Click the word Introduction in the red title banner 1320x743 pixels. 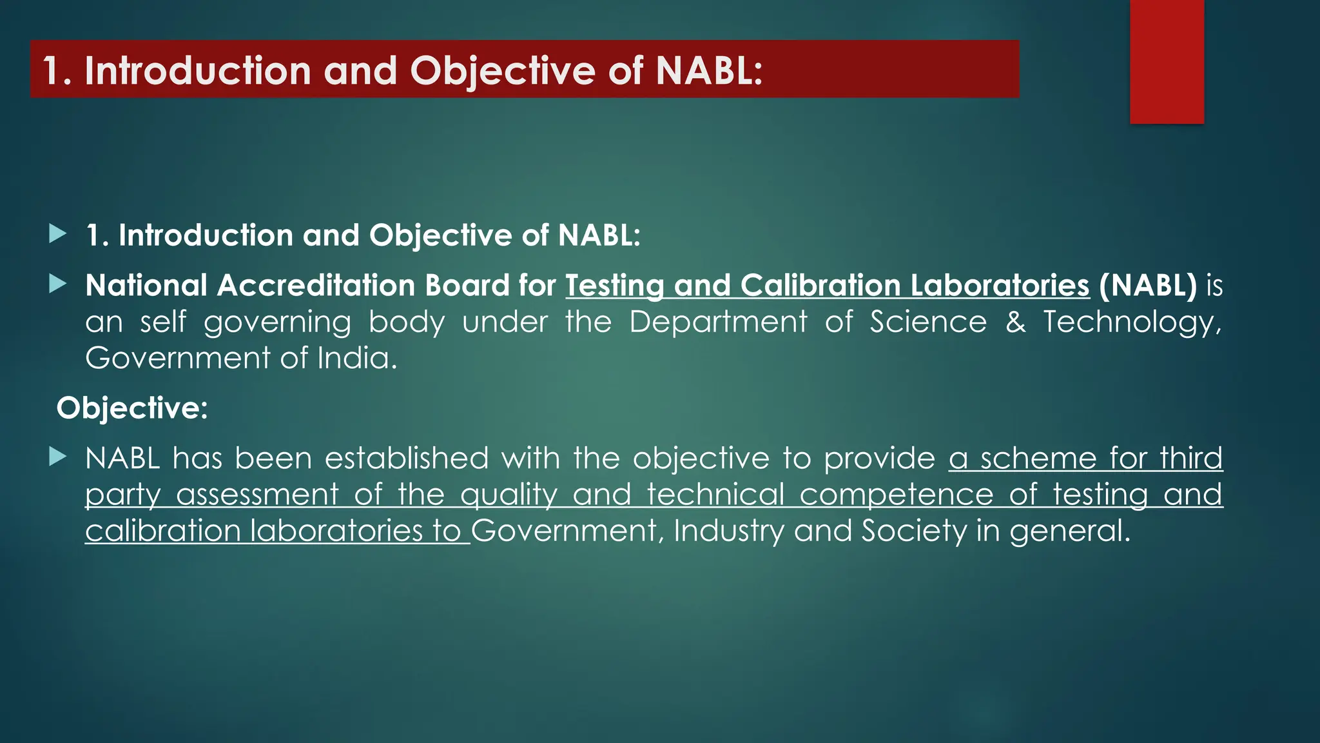[198, 70]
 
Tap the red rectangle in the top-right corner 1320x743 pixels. [1167, 61]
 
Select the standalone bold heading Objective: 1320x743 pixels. [132, 408]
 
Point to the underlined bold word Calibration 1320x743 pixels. [820, 286]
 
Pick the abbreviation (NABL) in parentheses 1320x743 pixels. [1148, 286]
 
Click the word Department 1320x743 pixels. [718, 322]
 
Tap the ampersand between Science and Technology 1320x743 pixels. [1015, 322]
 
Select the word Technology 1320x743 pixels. [1132, 322]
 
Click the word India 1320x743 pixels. [357, 358]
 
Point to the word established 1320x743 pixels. [406, 459]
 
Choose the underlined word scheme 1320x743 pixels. [1038, 459]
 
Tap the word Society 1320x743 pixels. [914, 531]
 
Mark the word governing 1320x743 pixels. [277, 322]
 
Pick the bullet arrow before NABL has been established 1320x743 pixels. [58, 457]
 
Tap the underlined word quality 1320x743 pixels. [509, 495]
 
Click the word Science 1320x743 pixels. [927, 322]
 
